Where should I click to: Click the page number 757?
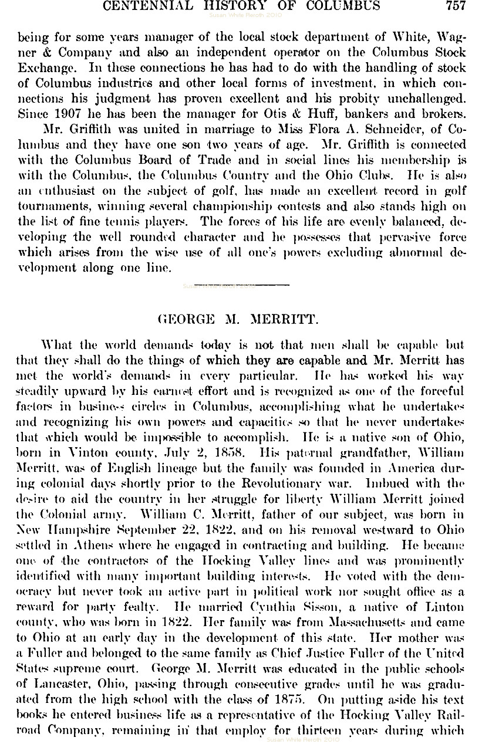(456, 6)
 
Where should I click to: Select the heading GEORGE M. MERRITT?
(238, 320)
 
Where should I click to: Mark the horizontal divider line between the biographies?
(241, 285)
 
